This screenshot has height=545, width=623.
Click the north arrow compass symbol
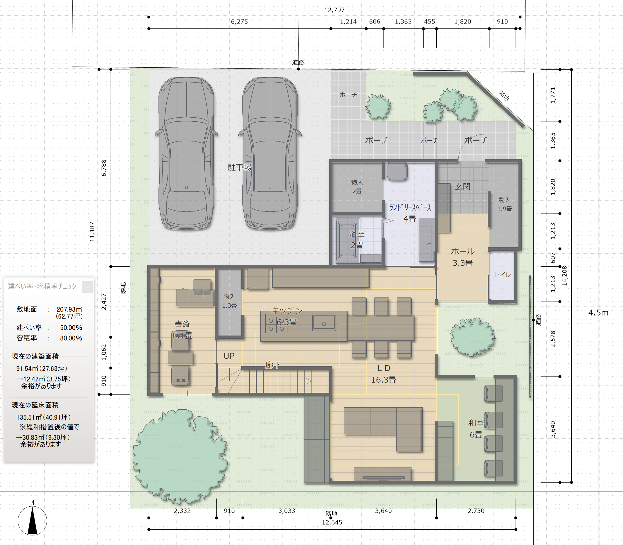33,520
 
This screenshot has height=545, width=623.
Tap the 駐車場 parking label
240,167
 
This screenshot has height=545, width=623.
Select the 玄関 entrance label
462,187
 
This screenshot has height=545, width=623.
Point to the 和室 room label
476,423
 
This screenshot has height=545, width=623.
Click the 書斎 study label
182,324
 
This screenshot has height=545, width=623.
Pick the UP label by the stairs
229,356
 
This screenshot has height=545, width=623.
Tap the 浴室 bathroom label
357,234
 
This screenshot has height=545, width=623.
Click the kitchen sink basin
324,323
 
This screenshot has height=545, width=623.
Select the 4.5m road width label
598,313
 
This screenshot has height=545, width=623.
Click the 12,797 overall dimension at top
334,10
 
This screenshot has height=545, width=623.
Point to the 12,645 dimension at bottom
332,523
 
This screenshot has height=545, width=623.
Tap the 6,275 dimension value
240,21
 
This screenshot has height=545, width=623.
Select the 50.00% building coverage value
71,327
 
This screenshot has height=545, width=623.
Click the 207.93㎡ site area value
70,309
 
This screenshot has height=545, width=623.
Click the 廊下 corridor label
273,365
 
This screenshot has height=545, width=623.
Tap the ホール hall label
462,251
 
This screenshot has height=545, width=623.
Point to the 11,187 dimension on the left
92,232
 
